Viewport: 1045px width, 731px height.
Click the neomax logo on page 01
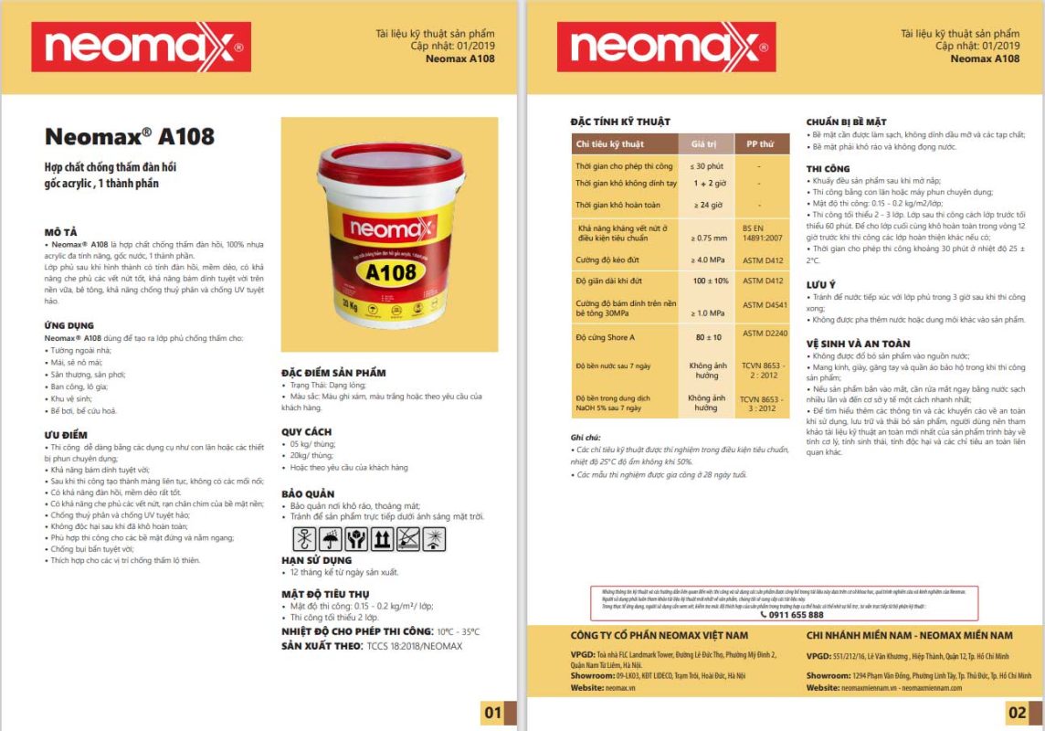(141, 47)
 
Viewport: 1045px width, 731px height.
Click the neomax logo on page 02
(666, 47)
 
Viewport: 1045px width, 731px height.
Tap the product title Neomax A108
(129, 137)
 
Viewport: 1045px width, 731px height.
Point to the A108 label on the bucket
(391, 271)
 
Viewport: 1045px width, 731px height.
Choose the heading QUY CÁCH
(306, 431)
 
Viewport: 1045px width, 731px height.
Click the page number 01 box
(494, 713)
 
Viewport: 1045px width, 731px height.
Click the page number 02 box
(1019, 713)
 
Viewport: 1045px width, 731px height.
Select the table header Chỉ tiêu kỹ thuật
(610, 144)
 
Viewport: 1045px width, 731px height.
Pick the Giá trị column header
(705, 144)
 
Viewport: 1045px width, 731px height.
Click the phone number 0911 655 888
(785, 615)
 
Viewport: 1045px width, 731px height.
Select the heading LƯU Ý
(821, 285)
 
